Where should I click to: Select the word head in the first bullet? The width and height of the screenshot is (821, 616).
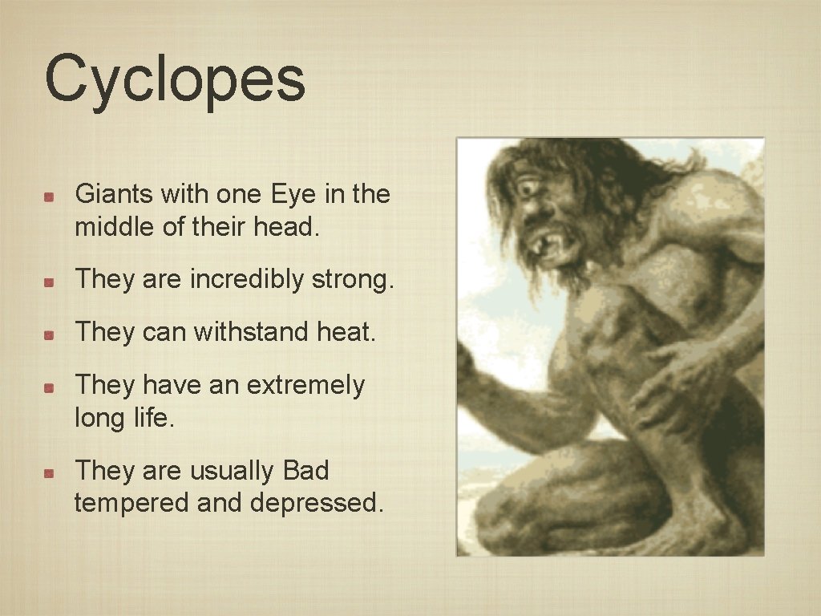pyautogui.click(x=286, y=228)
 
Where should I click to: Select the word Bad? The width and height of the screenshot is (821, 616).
pyautogui.click(x=305, y=471)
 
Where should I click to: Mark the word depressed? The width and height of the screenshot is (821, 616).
pyautogui.click(x=317, y=505)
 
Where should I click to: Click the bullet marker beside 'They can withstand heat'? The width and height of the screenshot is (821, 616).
pyautogui.click(x=49, y=334)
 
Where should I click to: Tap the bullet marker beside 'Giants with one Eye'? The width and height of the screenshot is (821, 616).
pyautogui.click(x=49, y=196)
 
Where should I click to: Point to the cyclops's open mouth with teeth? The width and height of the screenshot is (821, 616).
pyautogui.click(x=548, y=241)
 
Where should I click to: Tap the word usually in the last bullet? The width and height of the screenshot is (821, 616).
pyautogui.click(x=233, y=471)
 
